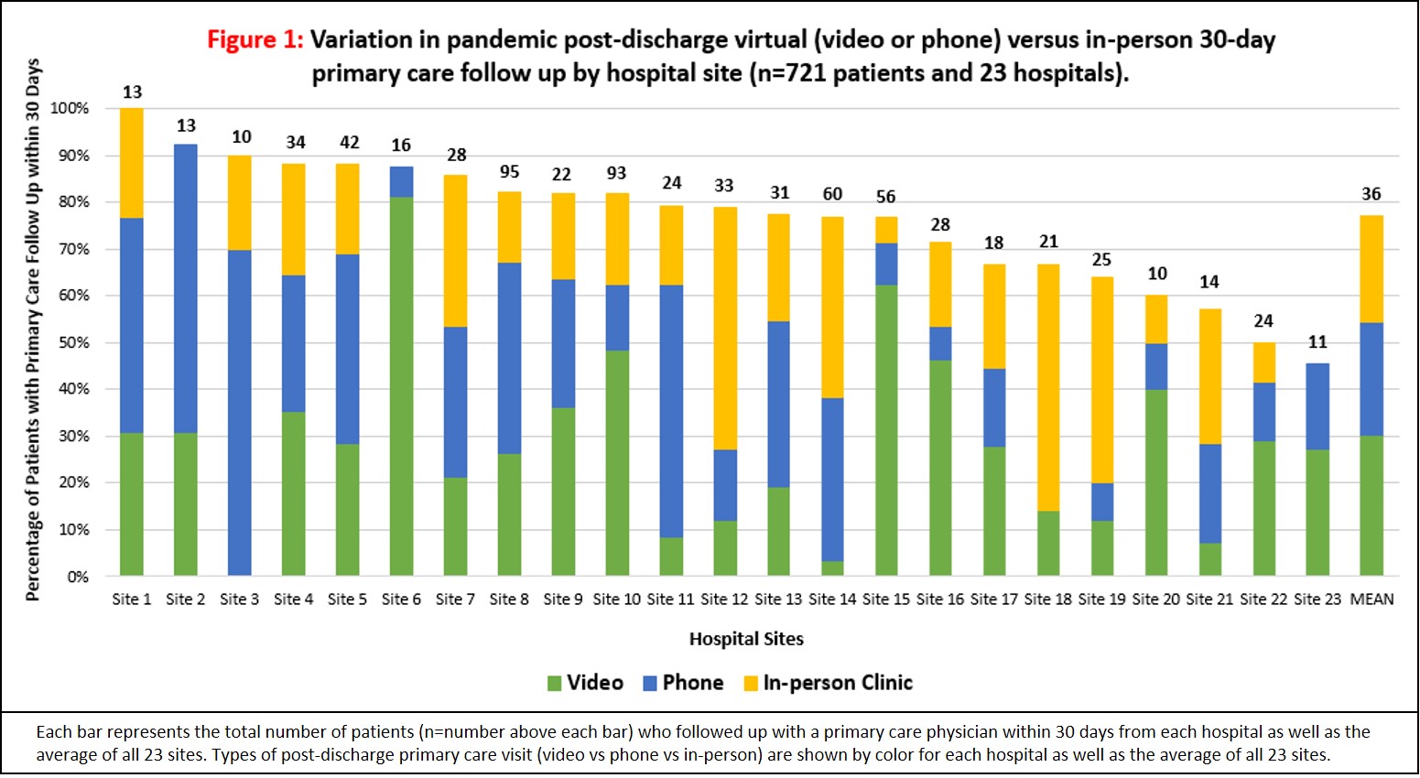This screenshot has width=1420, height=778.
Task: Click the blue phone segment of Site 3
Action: tap(240, 412)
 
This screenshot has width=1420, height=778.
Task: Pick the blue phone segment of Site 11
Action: tap(671, 411)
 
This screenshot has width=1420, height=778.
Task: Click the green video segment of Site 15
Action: tap(886, 430)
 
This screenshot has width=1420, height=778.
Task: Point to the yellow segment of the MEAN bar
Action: tap(1371, 269)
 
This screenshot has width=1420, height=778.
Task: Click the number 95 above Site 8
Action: tap(509, 172)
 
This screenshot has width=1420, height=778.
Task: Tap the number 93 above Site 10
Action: tap(617, 173)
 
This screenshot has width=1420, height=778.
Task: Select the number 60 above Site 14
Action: tap(832, 194)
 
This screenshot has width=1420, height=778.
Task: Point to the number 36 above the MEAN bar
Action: tap(1371, 194)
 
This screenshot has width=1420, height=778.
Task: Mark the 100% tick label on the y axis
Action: tap(70, 108)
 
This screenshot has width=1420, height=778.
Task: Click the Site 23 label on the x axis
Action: tap(1317, 600)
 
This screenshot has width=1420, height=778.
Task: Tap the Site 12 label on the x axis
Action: tap(724, 600)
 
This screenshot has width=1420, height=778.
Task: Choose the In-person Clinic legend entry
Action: tap(828, 683)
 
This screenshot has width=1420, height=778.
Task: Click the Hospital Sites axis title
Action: tap(746, 639)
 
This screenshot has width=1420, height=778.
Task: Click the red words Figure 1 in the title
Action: tap(254, 40)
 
